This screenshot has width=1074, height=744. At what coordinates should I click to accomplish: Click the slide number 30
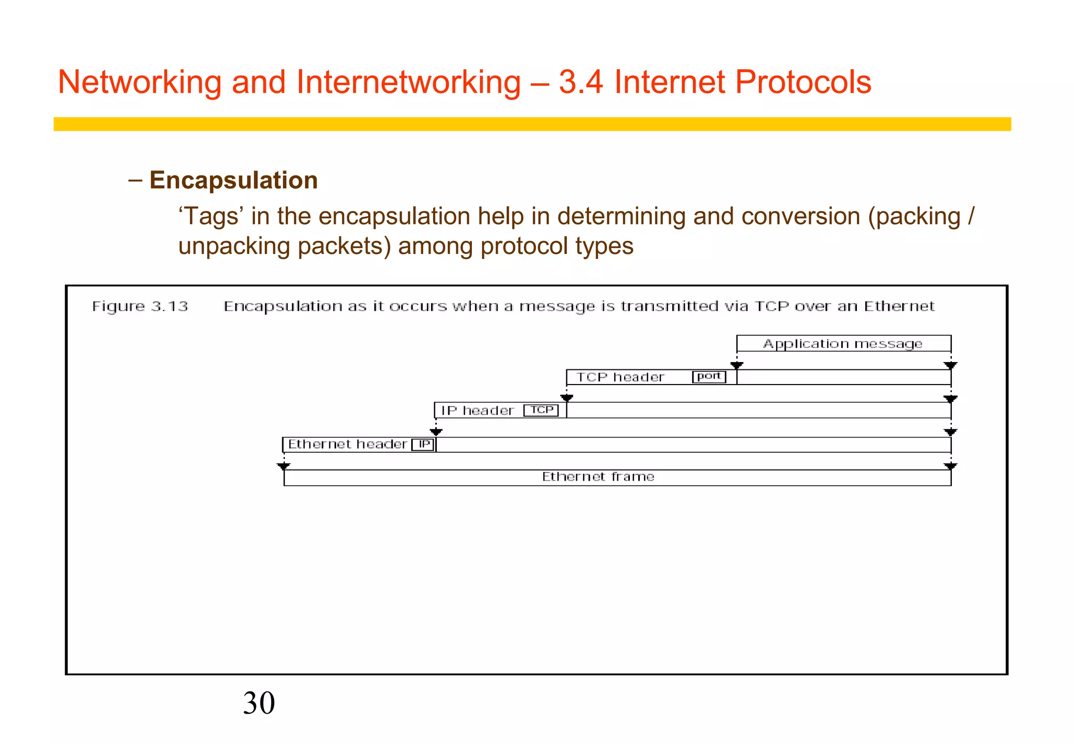[259, 703]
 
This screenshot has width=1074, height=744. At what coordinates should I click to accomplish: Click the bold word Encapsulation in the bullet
[233, 180]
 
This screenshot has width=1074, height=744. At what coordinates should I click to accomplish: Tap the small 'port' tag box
[709, 377]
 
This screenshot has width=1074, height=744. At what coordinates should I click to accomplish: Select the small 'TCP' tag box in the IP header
[541, 410]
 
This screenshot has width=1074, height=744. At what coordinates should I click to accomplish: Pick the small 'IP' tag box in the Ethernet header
[423, 444]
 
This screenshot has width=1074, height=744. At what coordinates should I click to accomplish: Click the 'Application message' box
[843, 344]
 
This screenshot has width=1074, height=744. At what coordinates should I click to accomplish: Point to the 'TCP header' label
[620, 377]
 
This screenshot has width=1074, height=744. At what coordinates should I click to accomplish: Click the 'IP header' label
[477, 410]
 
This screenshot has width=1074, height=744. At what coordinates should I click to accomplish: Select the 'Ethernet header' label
[347, 444]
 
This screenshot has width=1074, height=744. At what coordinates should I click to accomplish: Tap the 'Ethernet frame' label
[598, 477]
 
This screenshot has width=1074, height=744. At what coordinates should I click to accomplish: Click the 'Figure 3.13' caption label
[140, 306]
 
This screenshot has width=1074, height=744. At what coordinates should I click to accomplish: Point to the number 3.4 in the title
[581, 82]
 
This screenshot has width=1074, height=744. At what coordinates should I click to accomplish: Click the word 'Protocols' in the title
[802, 82]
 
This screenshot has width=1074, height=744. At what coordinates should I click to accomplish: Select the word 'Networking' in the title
[140, 82]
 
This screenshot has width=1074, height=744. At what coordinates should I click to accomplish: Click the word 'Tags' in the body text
[210, 216]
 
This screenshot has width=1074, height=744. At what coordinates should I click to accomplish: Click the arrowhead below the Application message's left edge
[737, 365]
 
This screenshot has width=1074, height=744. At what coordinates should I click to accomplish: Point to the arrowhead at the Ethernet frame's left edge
[284, 466]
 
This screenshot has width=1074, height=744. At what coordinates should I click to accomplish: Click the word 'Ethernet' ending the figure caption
[899, 306]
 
